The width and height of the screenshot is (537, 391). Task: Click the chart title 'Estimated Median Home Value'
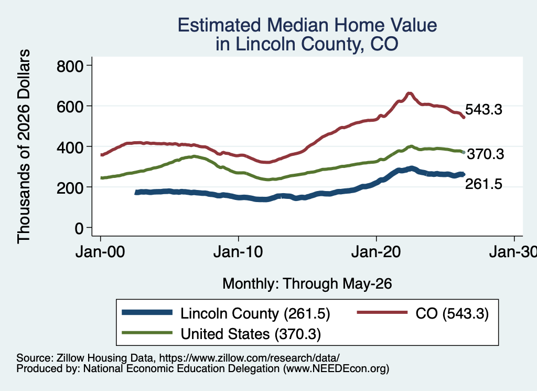pyautogui.click(x=307, y=25)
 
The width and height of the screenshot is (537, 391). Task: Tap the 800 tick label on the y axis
pyautogui.click(x=70, y=66)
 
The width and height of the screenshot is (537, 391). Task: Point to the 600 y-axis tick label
pyautogui.click(x=70, y=107)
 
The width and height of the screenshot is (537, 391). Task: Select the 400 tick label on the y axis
pyautogui.click(x=70, y=147)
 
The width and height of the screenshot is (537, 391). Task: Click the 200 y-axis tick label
pyautogui.click(x=70, y=188)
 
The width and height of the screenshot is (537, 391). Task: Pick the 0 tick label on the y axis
pyautogui.click(x=79, y=228)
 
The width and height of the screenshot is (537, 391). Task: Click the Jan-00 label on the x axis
pyautogui.click(x=100, y=252)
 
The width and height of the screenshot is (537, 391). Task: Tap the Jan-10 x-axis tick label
pyautogui.click(x=238, y=252)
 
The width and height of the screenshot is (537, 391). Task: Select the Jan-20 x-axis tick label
pyautogui.click(x=376, y=252)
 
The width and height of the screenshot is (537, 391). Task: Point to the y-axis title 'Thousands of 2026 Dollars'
pyautogui.click(x=24, y=146)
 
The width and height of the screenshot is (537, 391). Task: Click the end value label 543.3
pyautogui.click(x=484, y=110)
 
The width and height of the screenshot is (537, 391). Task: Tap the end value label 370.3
pyautogui.click(x=486, y=154)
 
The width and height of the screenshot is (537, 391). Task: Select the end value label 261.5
pyautogui.click(x=484, y=184)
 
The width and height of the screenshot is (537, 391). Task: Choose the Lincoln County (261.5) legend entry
pyautogui.click(x=226, y=313)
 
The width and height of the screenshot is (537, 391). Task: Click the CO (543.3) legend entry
pyautogui.click(x=423, y=313)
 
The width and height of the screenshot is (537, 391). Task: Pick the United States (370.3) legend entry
pyautogui.click(x=222, y=334)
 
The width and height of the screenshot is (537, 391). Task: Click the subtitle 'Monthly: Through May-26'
pyautogui.click(x=307, y=284)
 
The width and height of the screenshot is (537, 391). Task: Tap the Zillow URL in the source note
pyautogui.click(x=249, y=358)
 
